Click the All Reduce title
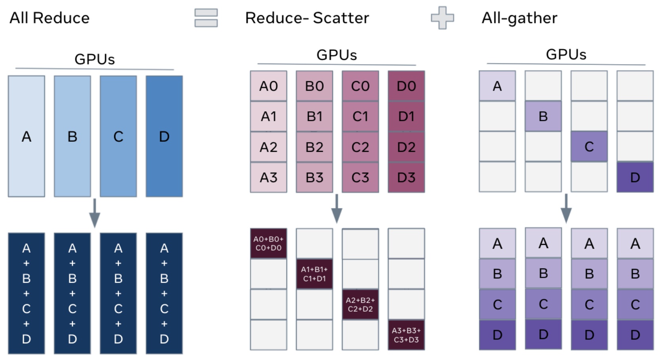click(50, 18)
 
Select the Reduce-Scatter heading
click(307, 18)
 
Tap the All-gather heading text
click(519, 18)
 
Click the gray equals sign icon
click(206, 18)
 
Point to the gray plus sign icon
click(442, 18)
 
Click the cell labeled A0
click(268, 86)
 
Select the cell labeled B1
click(314, 116)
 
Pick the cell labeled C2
click(360, 147)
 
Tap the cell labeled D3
click(406, 177)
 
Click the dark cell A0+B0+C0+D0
click(268, 243)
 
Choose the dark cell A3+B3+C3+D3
click(406, 335)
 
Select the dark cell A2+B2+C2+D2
click(360, 304)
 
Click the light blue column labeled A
click(26, 136)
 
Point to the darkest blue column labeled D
click(164, 136)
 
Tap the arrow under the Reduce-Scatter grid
click(336, 209)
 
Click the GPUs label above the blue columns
click(94, 59)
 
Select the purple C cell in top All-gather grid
click(589, 147)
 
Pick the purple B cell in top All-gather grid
click(543, 116)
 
